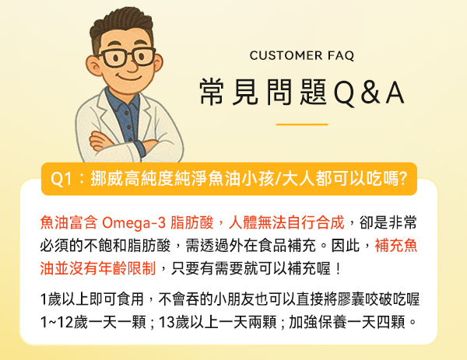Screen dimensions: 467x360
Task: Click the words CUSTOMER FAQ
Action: click(302, 56)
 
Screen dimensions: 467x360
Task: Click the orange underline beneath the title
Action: click(302, 124)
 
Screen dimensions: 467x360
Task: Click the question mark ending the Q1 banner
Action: click(402, 179)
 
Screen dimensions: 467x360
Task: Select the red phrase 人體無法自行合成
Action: click(286, 222)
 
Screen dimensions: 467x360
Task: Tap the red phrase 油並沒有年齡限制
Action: click(98, 268)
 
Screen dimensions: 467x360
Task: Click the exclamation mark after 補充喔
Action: click(338, 269)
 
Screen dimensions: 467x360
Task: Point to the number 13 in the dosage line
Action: click(167, 322)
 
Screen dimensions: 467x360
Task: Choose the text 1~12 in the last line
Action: click(57, 322)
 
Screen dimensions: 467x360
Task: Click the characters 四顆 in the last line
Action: click(391, 322)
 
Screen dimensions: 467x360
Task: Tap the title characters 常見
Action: click(229, 92)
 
